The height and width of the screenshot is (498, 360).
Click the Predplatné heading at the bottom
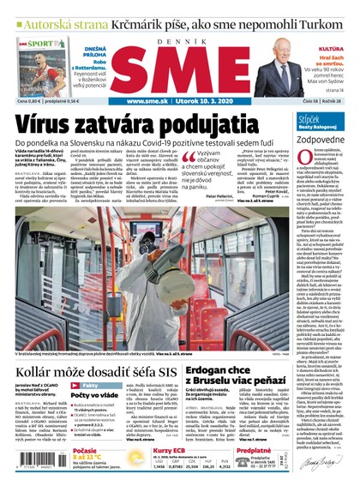pyautogui.click(x=253, y=451)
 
